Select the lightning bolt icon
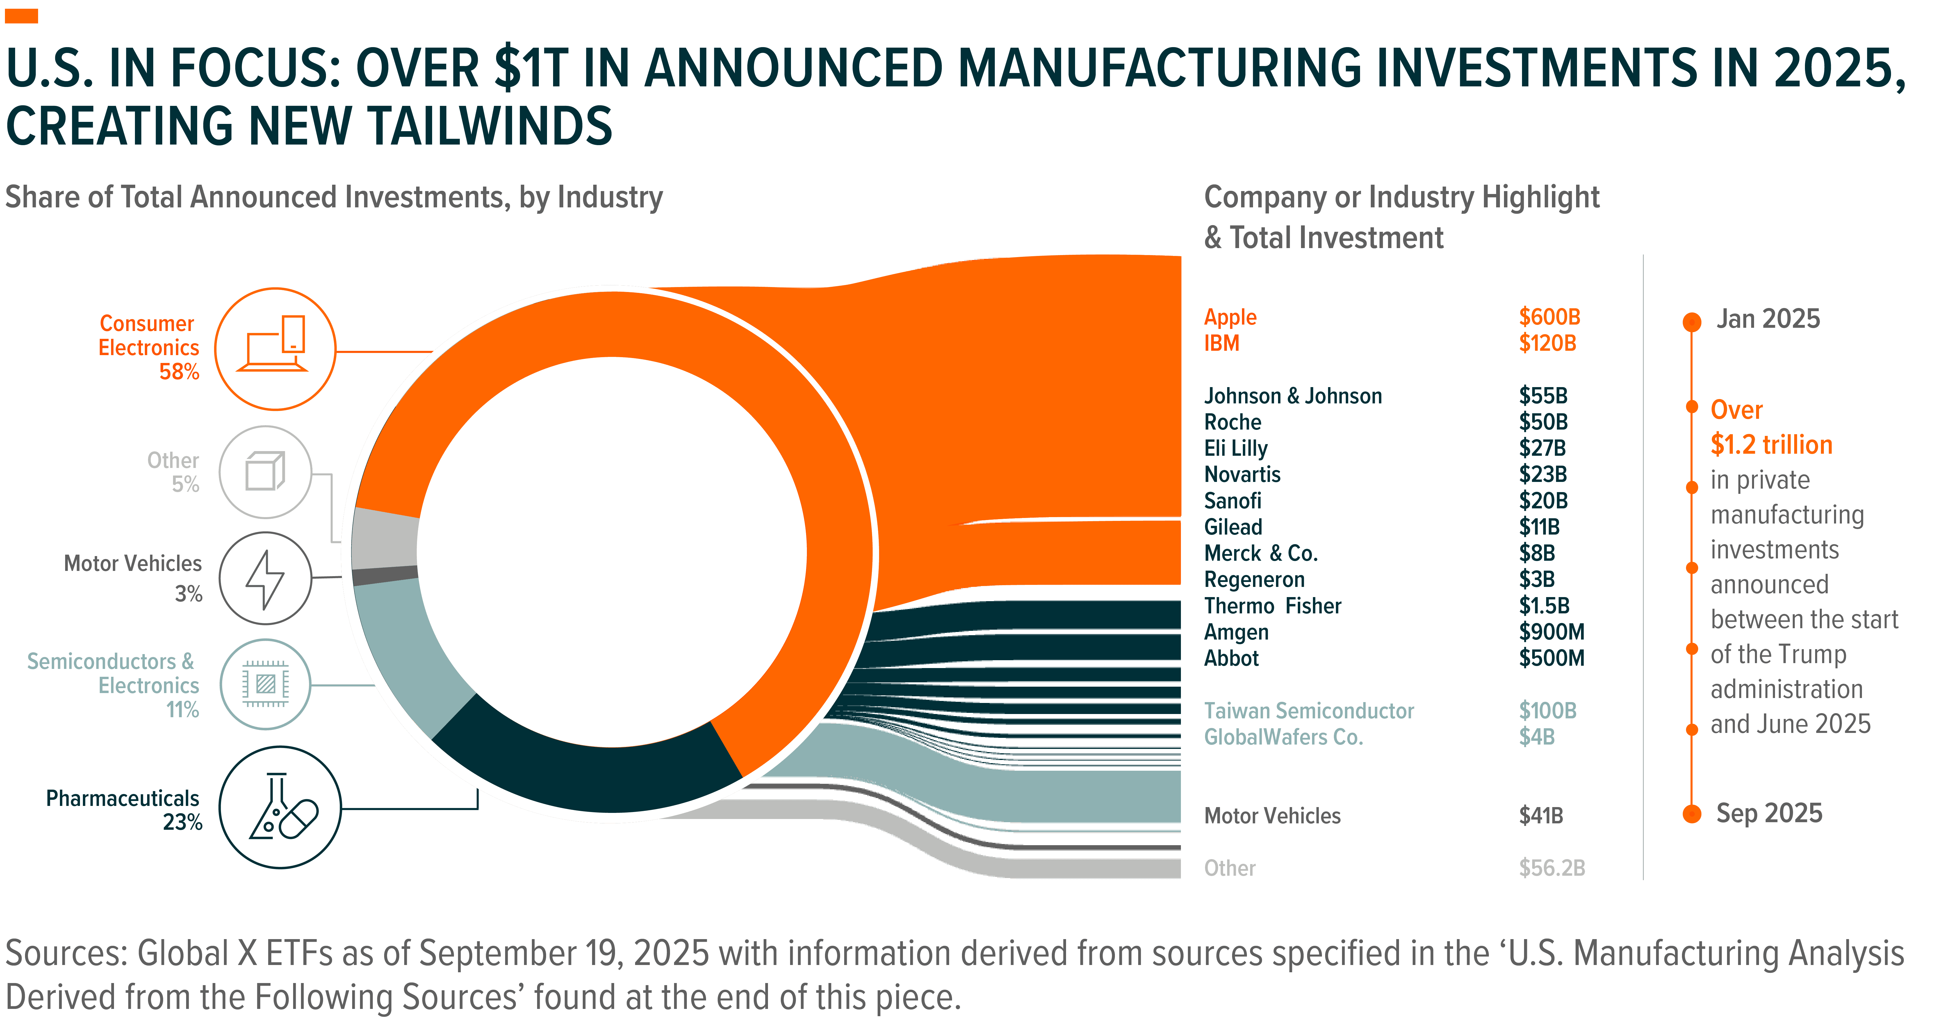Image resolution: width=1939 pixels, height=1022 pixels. [x=265, y=579]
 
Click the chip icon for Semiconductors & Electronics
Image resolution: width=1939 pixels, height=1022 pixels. [x=265, y=684]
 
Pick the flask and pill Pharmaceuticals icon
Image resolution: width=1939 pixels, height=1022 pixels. [x=280, y=808]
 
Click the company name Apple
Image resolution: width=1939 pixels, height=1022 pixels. [x=1230, y=317]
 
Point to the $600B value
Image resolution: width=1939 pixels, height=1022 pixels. [x=1549, y=317]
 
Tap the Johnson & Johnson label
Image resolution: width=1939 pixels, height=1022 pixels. [x=1292, y=396]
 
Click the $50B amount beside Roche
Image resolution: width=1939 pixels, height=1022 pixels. [x=1543, y=422]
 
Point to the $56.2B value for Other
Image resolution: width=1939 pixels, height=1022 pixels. [x=1551, y=868]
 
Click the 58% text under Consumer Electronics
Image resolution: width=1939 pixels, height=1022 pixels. [x=179, y=372]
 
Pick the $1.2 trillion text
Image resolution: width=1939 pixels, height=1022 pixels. [x=1771, y=445]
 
